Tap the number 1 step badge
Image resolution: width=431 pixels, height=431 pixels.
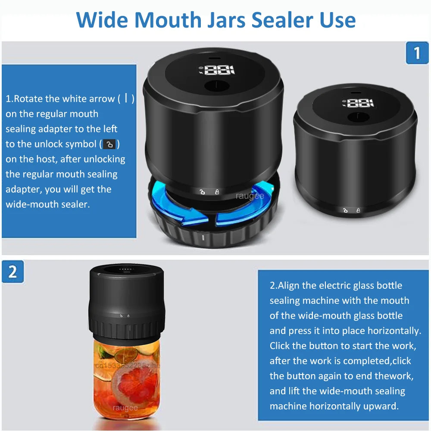(417, 53)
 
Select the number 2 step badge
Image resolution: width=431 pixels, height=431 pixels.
(12, 272)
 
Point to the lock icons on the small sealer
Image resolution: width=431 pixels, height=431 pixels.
(351, 210)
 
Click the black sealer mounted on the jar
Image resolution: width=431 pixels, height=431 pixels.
(126, 302)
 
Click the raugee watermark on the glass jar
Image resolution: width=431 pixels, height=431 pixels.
(125, 407)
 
